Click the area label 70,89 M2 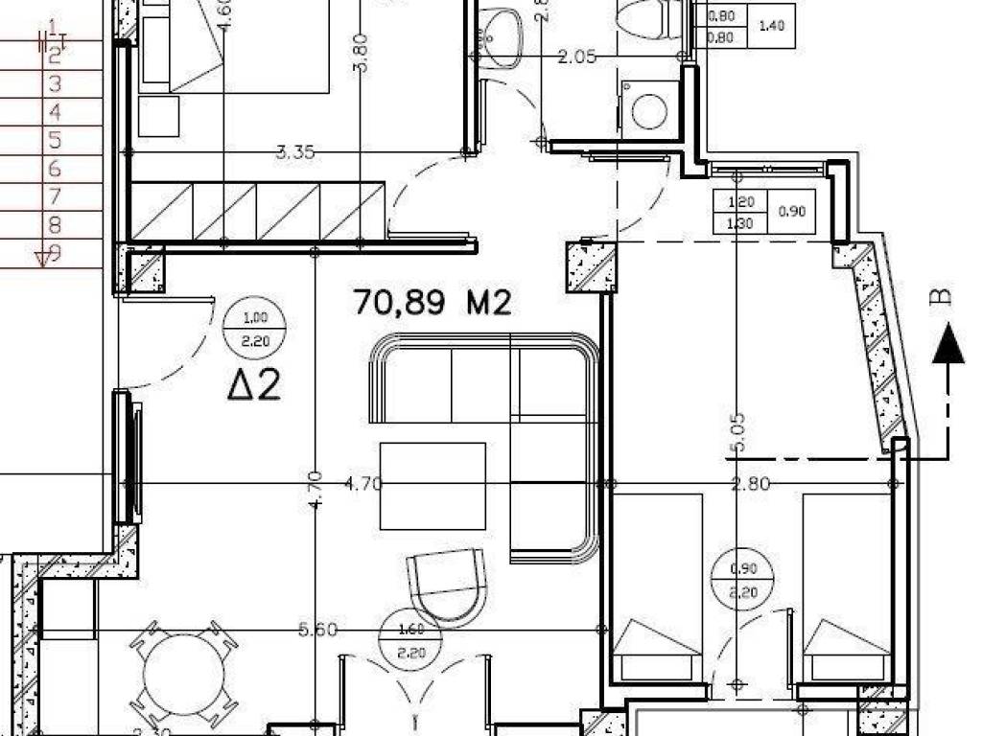pyautogui.click(x=433, y=303)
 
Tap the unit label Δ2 pyautogui.click(x=254, y=385)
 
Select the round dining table pyautogui.click(x=182, y=674)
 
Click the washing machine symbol pyautogui.click(x=650, y=108)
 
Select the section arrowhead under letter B pyautogui.click(x=948, y=343)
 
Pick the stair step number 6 pyautogui.click(x=55, y=170)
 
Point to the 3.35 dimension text pyautogui.click(x=295, y=151)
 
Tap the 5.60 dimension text pyautogui.click(x=318, y=630)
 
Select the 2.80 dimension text pyautogui.click(x=750, y=484)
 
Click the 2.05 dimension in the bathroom pyautogui.click(x=578, y=57)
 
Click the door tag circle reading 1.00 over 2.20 pyautogui.click(x=254, y=329)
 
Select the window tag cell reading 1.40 pyautogui.click(x=771, y=25)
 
